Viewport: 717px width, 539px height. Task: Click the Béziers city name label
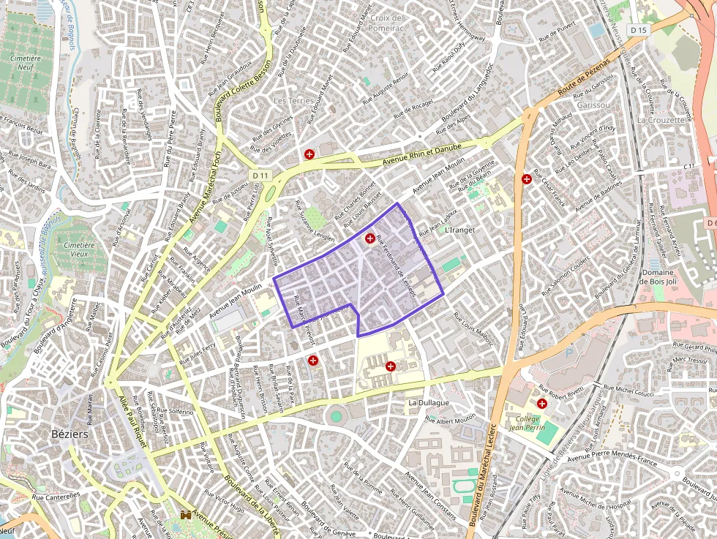pos(70,434)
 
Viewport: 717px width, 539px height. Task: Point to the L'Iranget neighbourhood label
pos(459,230)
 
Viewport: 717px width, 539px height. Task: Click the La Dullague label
pos(429,403)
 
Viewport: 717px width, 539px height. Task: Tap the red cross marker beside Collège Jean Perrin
pos(542,403)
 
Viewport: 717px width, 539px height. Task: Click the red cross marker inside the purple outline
pos(370,238)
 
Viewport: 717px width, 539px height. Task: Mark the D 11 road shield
pos(260,176)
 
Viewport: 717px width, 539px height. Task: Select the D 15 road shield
pos(639,30)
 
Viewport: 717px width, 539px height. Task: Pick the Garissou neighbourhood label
pos(593,105)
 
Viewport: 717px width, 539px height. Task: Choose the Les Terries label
pos(293,100)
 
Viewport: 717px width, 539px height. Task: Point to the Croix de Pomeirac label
pos(387,23)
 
